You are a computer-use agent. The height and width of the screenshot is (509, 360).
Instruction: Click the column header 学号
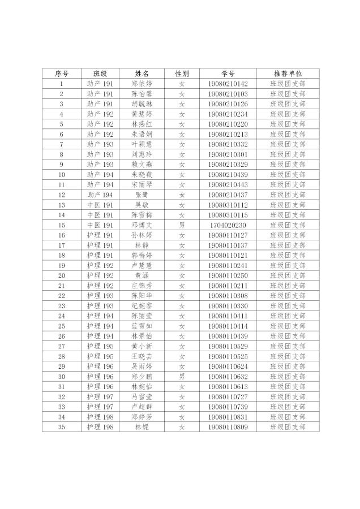coord(228,74)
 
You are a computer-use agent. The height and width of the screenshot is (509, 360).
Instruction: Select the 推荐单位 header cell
coord(288,74)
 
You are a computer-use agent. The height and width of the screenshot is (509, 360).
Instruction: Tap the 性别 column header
coord(182,74)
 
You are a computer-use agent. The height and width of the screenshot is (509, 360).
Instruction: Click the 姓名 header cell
coord(142,74)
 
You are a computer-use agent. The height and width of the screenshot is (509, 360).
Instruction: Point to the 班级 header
coord(100,74)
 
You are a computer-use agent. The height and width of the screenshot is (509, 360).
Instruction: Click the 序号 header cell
coord(61,74)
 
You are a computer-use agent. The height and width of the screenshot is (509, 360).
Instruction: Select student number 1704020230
coord(228,225)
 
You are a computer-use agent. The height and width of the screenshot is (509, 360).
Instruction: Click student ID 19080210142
coord(228,84)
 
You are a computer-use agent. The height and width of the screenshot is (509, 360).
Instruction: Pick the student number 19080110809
coord(228,427)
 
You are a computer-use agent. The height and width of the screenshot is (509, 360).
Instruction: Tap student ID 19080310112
coord(228,205)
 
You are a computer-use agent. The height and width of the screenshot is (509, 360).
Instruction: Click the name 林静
coord(142,245)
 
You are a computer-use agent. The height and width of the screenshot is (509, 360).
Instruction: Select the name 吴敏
coord(142,205)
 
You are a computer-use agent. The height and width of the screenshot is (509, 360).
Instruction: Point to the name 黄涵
coord(142,275)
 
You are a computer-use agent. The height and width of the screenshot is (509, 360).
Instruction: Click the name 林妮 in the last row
coord(142,427)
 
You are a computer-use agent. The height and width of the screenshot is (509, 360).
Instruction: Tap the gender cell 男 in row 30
coord(182,376)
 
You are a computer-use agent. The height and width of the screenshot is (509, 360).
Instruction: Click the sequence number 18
coord(61,255)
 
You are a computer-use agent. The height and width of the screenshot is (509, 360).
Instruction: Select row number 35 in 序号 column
coord(61,427)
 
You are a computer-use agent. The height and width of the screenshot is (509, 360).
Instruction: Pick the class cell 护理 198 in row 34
coord(100,417)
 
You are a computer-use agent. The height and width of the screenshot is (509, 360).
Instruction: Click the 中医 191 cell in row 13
coord(100,205)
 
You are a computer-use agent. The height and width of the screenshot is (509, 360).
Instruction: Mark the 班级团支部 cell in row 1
coord(288,84)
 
